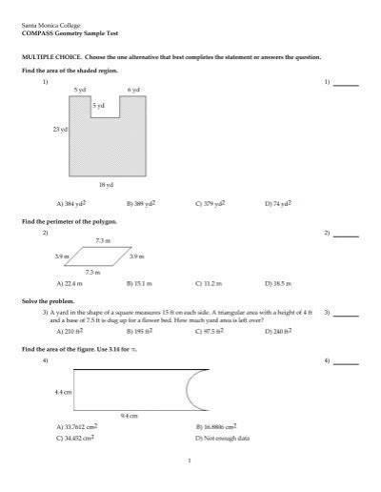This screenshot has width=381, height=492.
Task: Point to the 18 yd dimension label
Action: [x=106, y=184]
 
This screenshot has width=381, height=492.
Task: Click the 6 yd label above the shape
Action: [x=134, y=90]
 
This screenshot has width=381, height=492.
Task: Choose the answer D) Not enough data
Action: [x=222, y=438]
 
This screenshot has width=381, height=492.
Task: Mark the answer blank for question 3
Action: [x=346, y=314]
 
